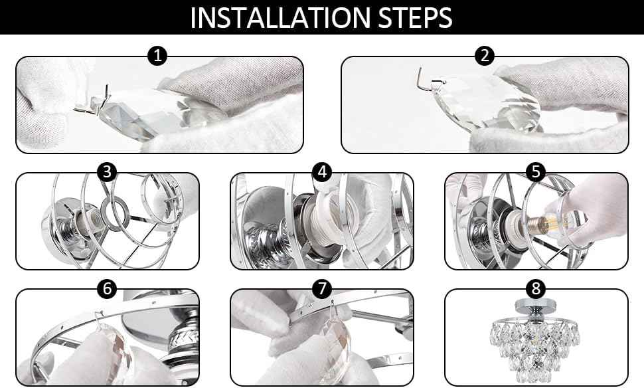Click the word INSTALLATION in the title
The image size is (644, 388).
281,17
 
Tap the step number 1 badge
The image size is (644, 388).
157,56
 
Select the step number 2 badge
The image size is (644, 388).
485,56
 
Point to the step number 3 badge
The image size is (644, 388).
107,172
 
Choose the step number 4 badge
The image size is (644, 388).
322,172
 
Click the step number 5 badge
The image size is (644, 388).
536,172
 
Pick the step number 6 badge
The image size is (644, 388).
107,288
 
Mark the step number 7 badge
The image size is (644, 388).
322,288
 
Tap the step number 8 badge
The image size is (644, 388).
536,288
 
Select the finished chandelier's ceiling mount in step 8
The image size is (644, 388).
535,308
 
